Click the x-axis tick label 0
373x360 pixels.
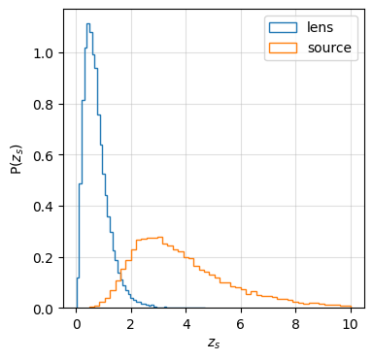(77, 324)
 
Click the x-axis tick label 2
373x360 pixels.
(131, 324)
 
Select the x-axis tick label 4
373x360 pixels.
(186, 324)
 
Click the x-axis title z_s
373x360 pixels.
(214, 343)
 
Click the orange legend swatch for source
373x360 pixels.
(284, 47)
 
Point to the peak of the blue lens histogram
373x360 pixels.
(88, 24)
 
